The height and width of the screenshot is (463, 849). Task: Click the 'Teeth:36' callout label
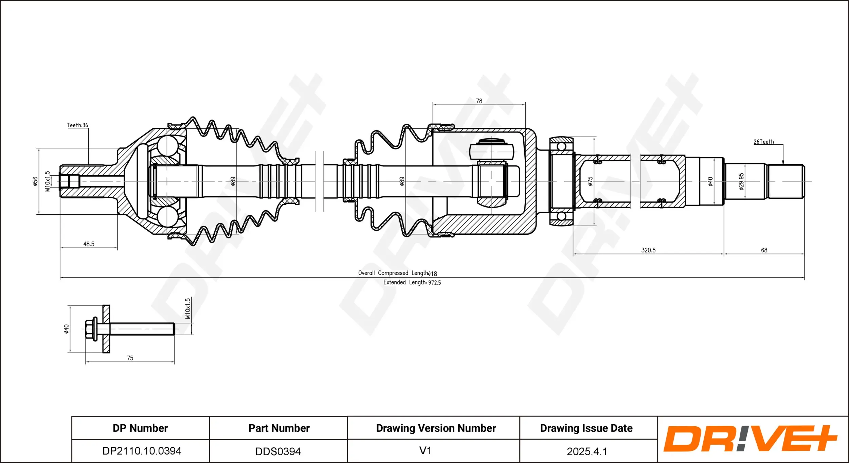coord(77,125)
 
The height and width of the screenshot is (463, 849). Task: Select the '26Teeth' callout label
coord(763,142)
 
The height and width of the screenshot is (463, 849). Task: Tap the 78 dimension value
coord(479,101)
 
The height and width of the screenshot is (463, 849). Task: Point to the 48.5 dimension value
coord(89,244)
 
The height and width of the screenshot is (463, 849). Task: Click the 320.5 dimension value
coord(648,250)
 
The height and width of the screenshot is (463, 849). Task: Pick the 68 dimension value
coord(764,250)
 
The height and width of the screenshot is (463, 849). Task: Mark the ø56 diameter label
coord(35,181)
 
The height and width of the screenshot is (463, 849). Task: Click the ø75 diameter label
coord(590,181)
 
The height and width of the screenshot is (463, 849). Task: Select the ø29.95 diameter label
coord(741,181)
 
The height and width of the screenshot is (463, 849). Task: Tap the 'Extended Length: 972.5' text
coord(412,282)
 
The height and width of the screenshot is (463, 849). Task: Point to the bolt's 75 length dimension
coord(130,358)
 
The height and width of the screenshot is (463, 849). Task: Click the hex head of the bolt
coord(90,329)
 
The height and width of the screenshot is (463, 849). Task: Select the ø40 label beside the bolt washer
coord(67,329)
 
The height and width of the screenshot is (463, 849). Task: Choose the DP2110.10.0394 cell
coord(142,451)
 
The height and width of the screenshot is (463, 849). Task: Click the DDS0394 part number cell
coord(278,451)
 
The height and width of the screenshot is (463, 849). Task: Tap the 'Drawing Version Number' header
coord(436,428)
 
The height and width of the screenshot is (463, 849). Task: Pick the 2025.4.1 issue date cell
coord(586,451)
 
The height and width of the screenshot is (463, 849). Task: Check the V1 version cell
coord(425,450)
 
